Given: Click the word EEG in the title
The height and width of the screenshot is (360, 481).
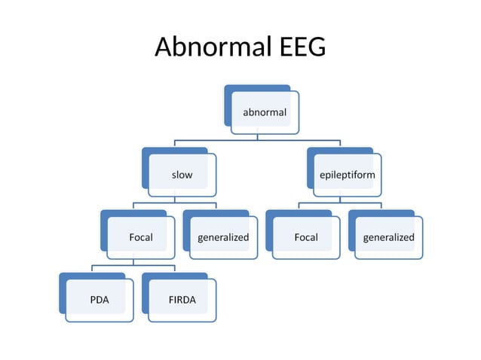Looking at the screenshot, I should coord(299,47).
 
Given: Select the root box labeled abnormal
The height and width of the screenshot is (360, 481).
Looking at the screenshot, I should coord(264,112).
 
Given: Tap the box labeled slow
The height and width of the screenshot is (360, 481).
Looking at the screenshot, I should coord(182,175).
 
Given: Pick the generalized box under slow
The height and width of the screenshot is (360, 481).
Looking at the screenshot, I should coord(223,237).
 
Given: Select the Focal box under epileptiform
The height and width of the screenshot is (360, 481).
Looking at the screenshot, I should coord(306,237).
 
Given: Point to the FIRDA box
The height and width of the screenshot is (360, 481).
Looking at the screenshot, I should coord(182,300).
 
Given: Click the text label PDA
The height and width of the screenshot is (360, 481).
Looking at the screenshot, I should coord(100,300).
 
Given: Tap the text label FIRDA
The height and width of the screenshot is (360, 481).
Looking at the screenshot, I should coord(182,300).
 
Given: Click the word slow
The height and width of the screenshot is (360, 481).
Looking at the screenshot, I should coord(182,175).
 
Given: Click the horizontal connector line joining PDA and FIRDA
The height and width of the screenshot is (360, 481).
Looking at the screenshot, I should coord(113,265).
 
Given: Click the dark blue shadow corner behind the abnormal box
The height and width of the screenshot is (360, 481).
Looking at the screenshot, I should coord(228,89).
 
